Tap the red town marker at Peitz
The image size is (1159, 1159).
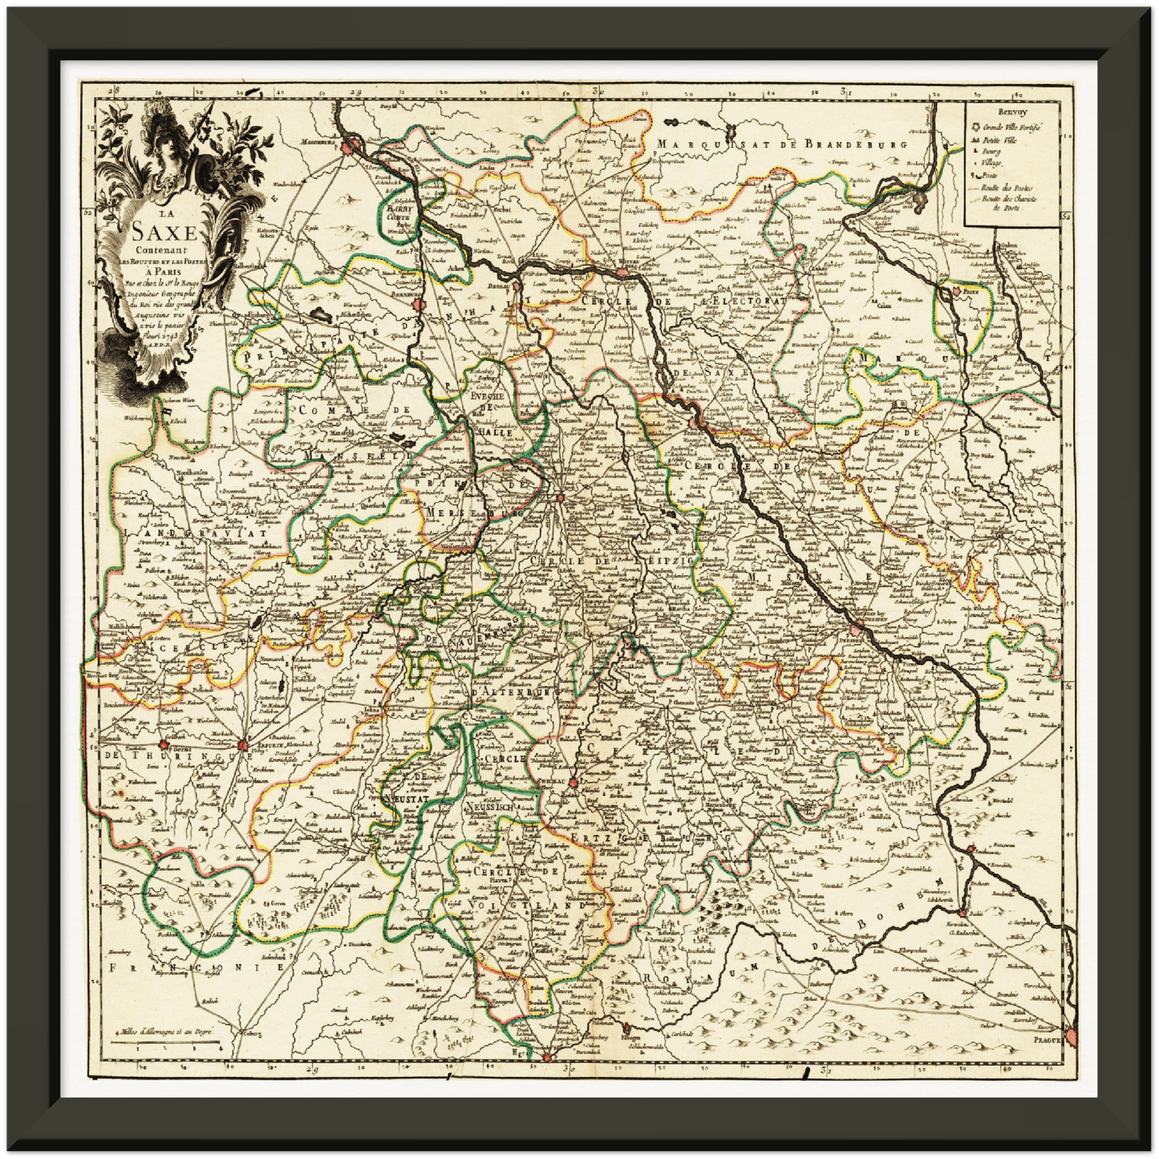click(x=958, y=293)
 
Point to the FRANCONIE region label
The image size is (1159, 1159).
click(x=197, y=968)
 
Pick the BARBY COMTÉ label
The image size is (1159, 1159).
click(x=398, y=210)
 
